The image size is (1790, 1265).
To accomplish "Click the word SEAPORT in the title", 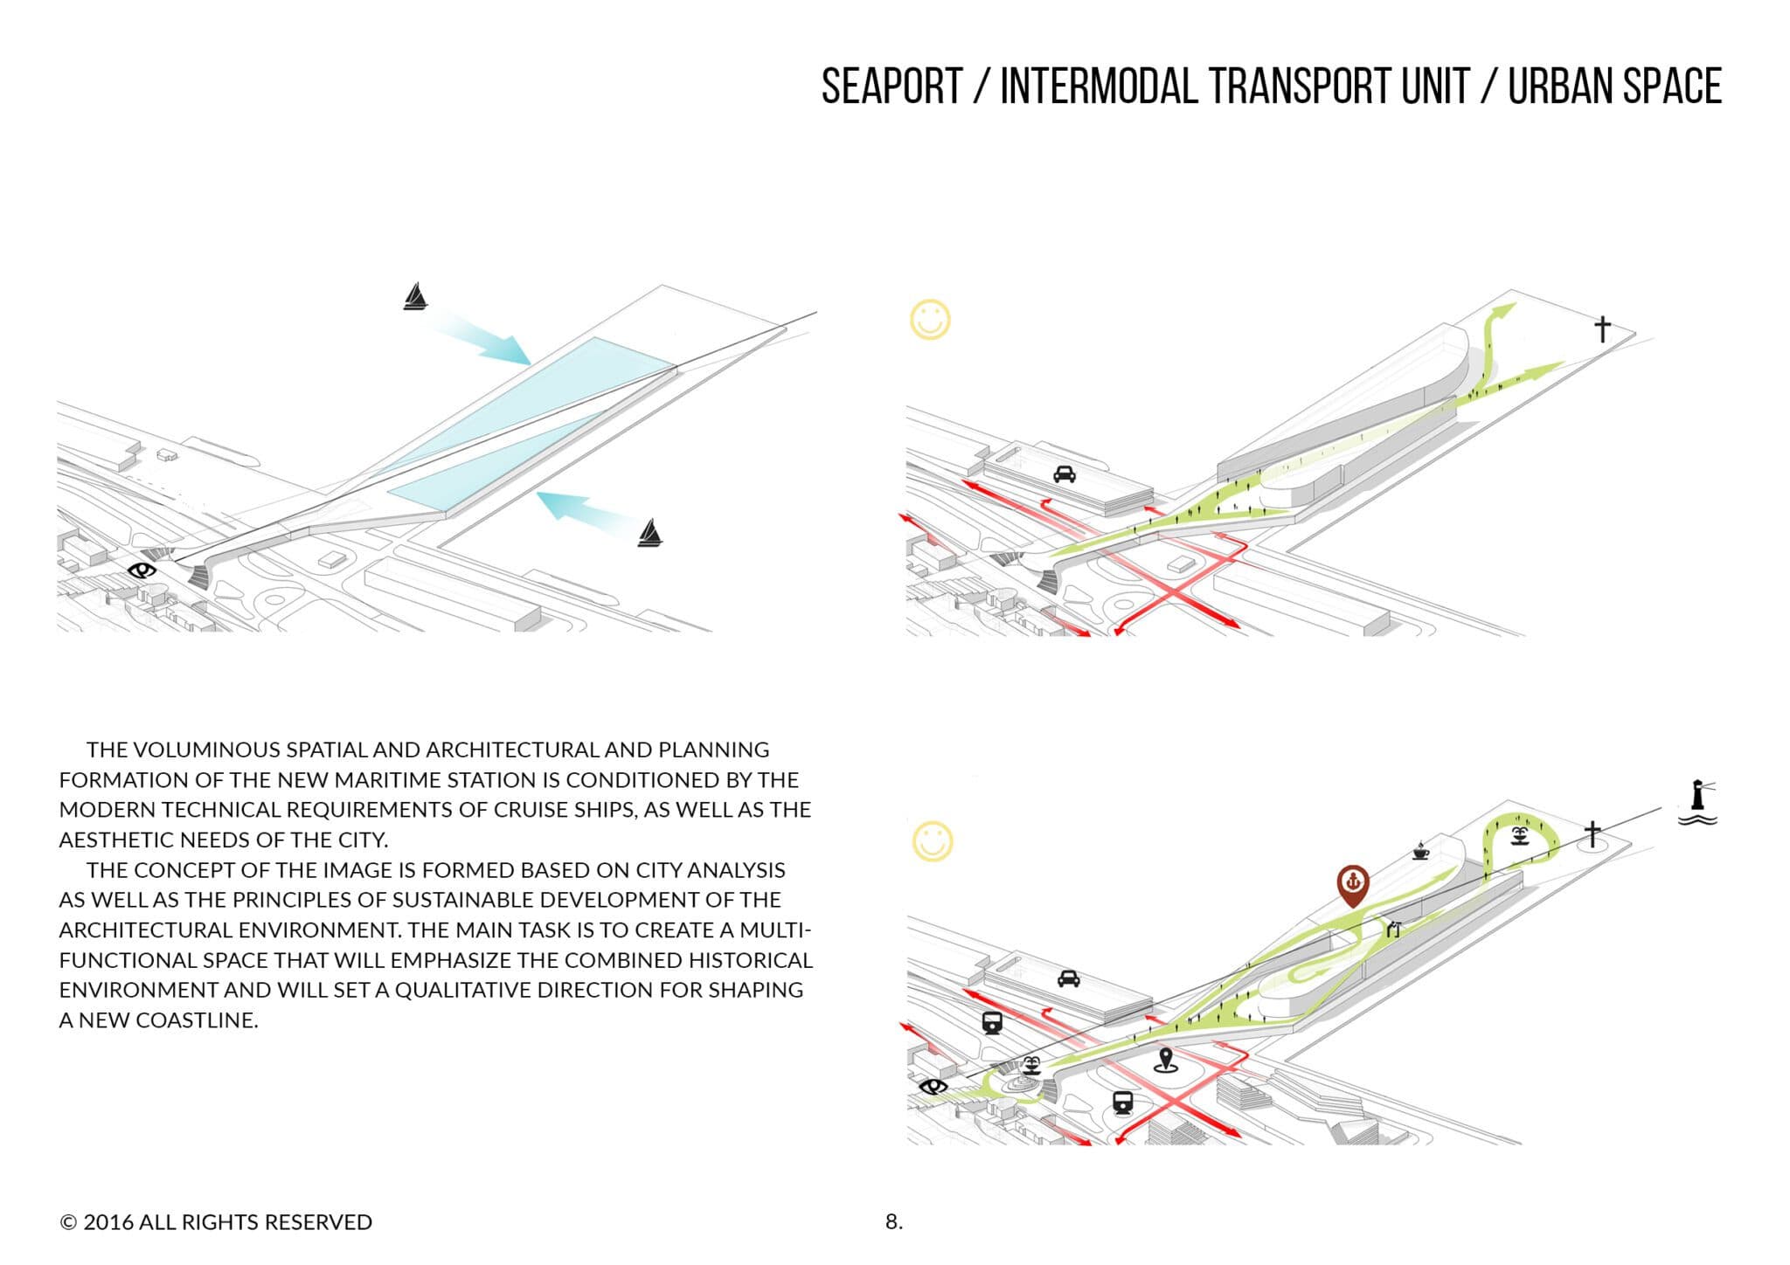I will pyautogui.click(x=892, y=86).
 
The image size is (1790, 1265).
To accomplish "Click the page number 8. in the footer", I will pyautogui.click(x=893, y=1221).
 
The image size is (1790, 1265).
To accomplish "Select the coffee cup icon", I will pyautogui.click(x=1420, y=851).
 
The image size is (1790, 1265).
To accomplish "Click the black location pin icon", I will pyautogui.click(x=1163, y=1060).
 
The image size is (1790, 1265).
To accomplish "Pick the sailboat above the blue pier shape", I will pyautogui.click(x=415, y=297).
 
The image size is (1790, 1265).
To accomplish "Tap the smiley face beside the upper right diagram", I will pyautogui.click(x=930, y=321).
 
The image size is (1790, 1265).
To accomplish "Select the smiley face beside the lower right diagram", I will pyautogui.click(x=933, y=841).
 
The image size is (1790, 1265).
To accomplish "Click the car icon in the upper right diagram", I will pyautogui.click(x=1064, y=474).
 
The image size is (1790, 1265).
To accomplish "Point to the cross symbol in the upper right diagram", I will pyautogui.click(x=1602, y=329).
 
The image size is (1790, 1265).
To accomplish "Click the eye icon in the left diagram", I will pyautogui.click(x=142, y=571).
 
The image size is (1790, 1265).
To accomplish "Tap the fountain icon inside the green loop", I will pyautogui.click(x=1519, y=836).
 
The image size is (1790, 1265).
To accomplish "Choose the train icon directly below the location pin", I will pyautogui.click(x=1123, y=1103).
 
